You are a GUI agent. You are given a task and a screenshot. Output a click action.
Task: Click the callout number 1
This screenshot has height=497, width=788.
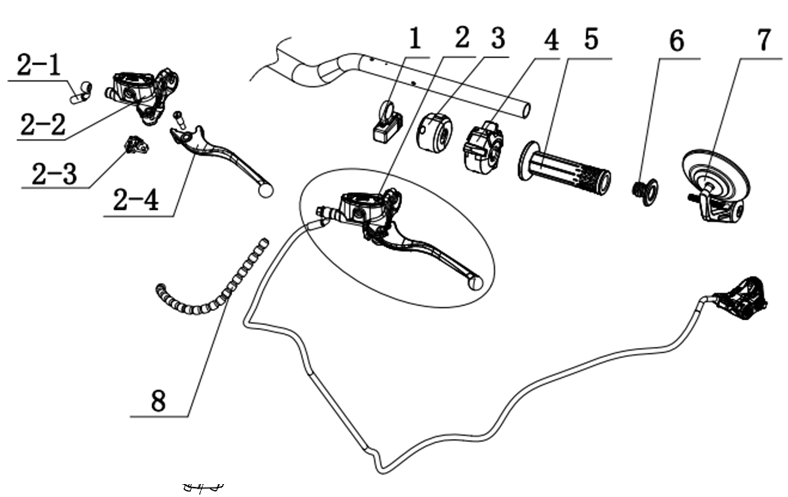click(x=415, y=40)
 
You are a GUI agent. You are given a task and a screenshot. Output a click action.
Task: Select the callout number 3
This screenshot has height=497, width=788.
click(x=498, y=40)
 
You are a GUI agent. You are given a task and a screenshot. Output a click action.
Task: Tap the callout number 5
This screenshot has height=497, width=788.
click(x=591, y=40)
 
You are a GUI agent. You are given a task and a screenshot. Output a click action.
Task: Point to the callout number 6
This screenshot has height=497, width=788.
click(x=676, y=42)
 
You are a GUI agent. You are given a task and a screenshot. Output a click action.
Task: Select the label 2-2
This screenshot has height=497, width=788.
click(x=42, y=125)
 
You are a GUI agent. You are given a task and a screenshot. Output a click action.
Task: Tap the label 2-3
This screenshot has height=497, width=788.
click(x=54, y=175)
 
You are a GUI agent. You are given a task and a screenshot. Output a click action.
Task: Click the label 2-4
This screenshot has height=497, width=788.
click(x=136, y=200)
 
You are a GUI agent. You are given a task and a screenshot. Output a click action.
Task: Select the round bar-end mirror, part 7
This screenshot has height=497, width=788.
click(x=713, y=174)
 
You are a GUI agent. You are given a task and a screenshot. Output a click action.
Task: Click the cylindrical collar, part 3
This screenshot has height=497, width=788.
click(x=434, y=130)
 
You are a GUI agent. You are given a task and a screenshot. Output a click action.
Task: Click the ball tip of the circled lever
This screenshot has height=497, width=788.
click(x=475, y=281)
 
